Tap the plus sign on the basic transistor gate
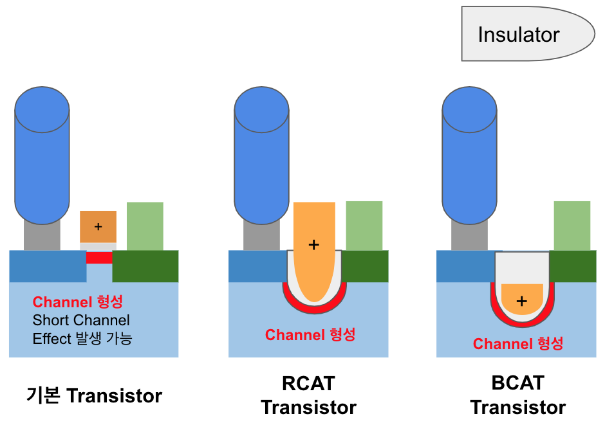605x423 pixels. pyautogui.click(x=98, y=226)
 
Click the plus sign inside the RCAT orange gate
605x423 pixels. pyautogui.click(x=313, y=244)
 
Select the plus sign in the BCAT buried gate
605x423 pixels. pyautogui.click(x=521, y=300)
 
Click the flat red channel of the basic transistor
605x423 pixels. pyautogui.click(x=99, y=258)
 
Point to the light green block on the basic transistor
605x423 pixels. pyautogui.click(x=145, y=226)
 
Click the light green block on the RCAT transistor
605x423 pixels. pyautogui.click(x=364, y=226)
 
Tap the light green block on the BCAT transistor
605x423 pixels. pyautogui.click(x=572, y=226)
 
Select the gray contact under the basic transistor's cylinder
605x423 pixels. pyautogui.click(x=42, y=237)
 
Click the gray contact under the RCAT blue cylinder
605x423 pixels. pyautogui.click(x=261, y=237)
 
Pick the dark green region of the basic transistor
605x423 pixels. pyautogui.click(x=145, y=266)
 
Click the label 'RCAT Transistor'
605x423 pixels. pyautogui.click(x=309, y=395)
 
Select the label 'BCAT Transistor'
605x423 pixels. pyautogui.click(x=517, y=395)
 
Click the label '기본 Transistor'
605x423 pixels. pyautogui.click(x=94, y=395)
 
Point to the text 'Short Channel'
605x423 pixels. pyautogui.click(x=81, y=320)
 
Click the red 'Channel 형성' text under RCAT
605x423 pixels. pyautogui.click(x=310, y=335)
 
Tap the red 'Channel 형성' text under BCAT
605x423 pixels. pyautogui.click(x=518, y=343)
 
